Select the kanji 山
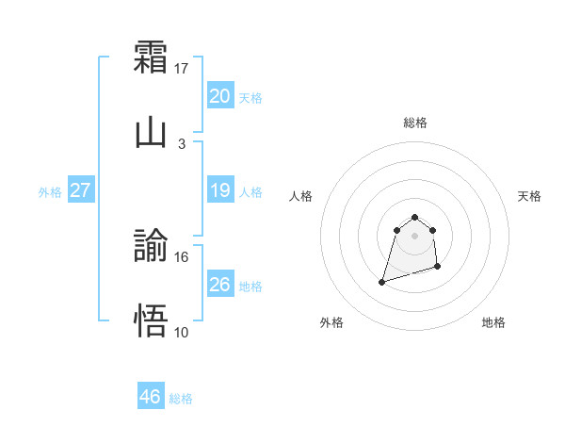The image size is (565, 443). [151, 131]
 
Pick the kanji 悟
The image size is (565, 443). [151, 320]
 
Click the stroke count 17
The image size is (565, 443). [182, 68]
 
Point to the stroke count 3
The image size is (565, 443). [182, 143]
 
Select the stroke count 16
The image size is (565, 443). [182, 256]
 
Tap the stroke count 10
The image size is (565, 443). [182, 332]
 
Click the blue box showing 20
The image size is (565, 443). [219, 95]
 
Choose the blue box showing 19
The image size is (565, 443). [219, 190]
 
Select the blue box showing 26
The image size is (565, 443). [219, 284]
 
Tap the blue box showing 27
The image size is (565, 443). [81, 190]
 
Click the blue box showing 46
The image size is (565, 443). [151, 397]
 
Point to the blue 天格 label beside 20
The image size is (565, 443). [250, 97]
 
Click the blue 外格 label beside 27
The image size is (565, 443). [50, 192]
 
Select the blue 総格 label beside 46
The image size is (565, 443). [181, 399]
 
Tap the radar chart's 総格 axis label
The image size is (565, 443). [414, 123]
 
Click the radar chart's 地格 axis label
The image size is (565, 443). [493, 322]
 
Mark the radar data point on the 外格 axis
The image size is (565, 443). [382, 281]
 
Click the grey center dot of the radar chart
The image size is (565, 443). [414, 235]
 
